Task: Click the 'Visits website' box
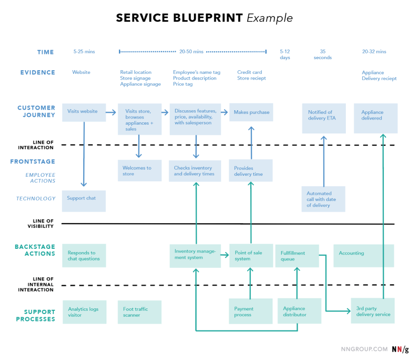point(84,113)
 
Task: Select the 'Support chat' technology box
point(84,201)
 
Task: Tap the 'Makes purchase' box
point(251,112)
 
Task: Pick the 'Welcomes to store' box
point(139,170)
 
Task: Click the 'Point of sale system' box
point(251,256)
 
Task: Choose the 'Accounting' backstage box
point(364,256)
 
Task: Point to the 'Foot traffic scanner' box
point(139,312)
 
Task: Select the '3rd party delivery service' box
point(373,311)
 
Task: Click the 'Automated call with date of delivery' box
point(324,199)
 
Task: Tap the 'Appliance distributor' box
point(299,311)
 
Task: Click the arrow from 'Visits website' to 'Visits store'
point(111,112)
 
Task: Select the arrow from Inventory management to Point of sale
point(225,255)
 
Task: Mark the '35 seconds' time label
point(323,54)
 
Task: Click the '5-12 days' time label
point(285,54)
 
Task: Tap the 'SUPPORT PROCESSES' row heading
point(35,315)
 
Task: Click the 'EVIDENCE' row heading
point(38,73)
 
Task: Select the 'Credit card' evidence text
point(250,72)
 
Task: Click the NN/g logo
point(400,349)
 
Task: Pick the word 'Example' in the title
point(270,18)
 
